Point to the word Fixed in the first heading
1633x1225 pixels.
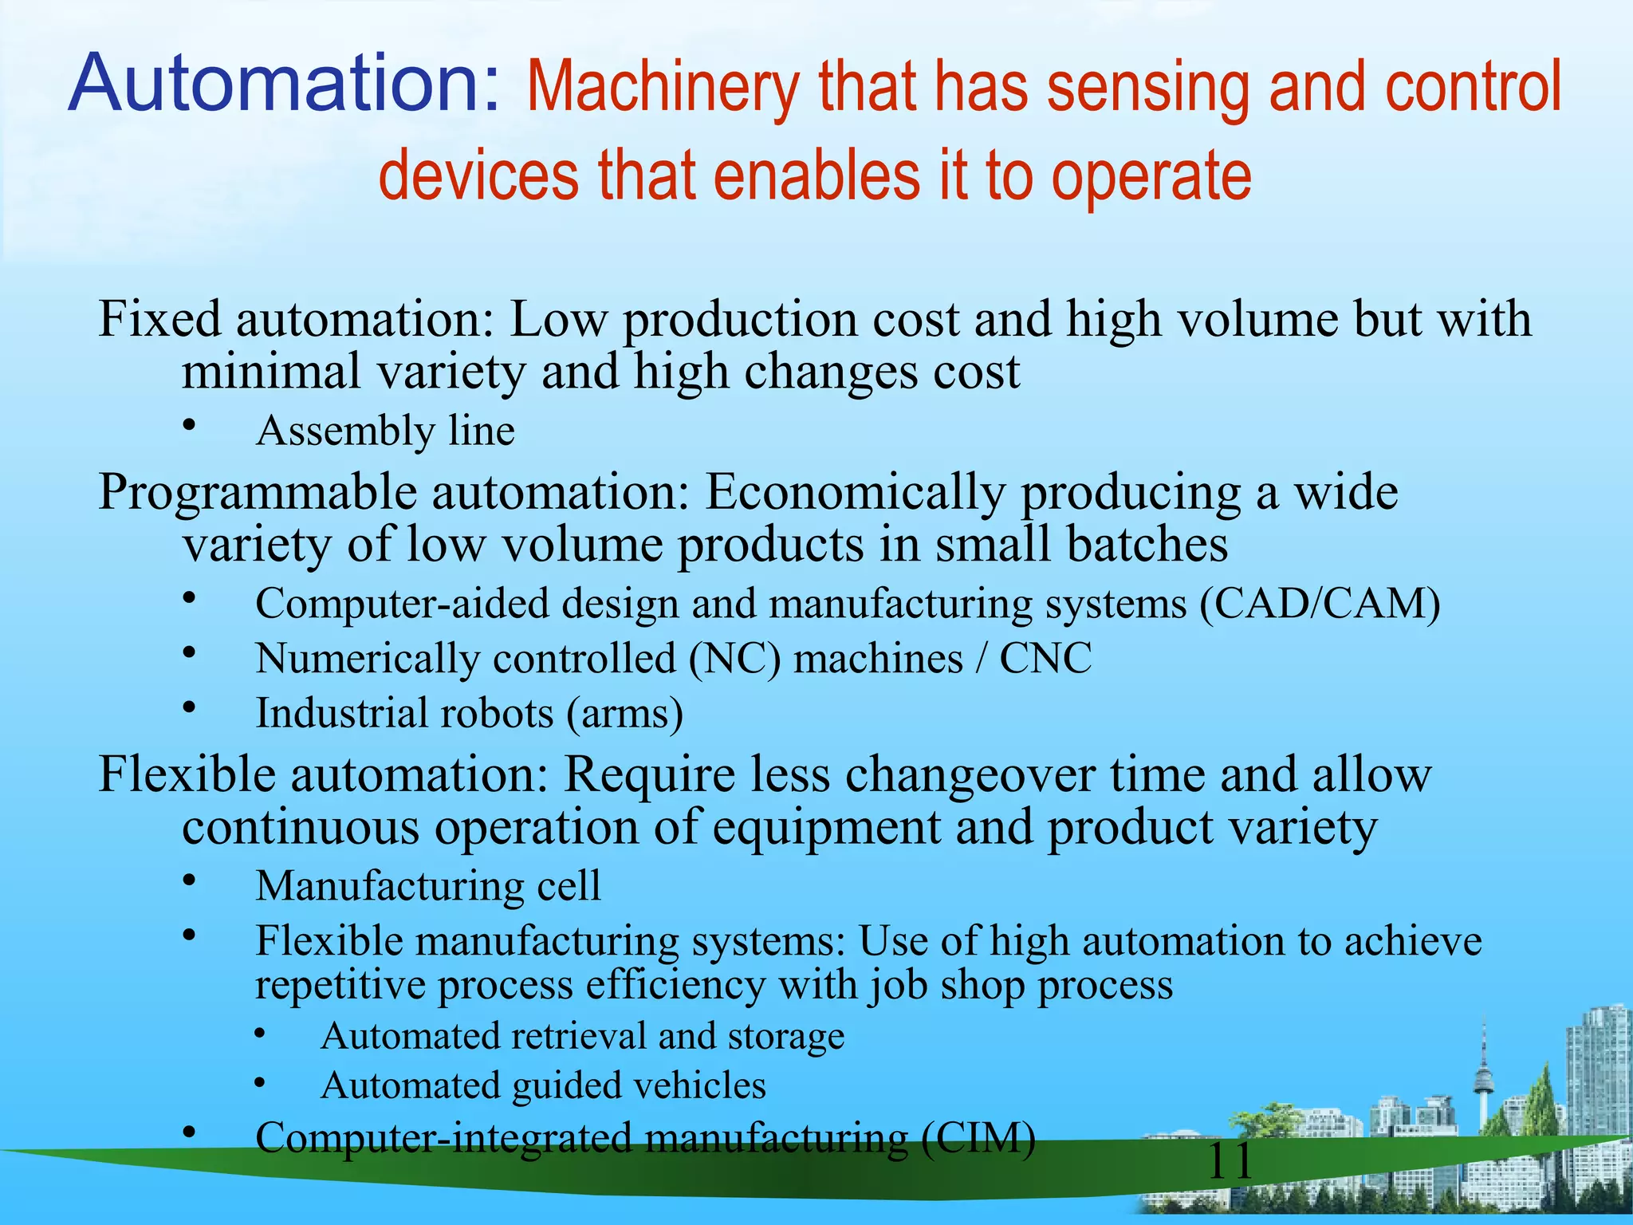(x=159, y=319)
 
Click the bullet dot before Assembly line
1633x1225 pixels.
(x=189, y=425)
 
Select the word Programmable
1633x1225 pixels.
(x=257, y=493)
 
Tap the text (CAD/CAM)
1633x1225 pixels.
(x=1320, y=604)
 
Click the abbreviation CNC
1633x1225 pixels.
(x=1045, y=659)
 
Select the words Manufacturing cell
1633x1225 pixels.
(x=428, y=886)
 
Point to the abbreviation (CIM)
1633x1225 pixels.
(x=978, y=1137)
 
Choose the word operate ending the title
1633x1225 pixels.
(x=1151, y=177)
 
